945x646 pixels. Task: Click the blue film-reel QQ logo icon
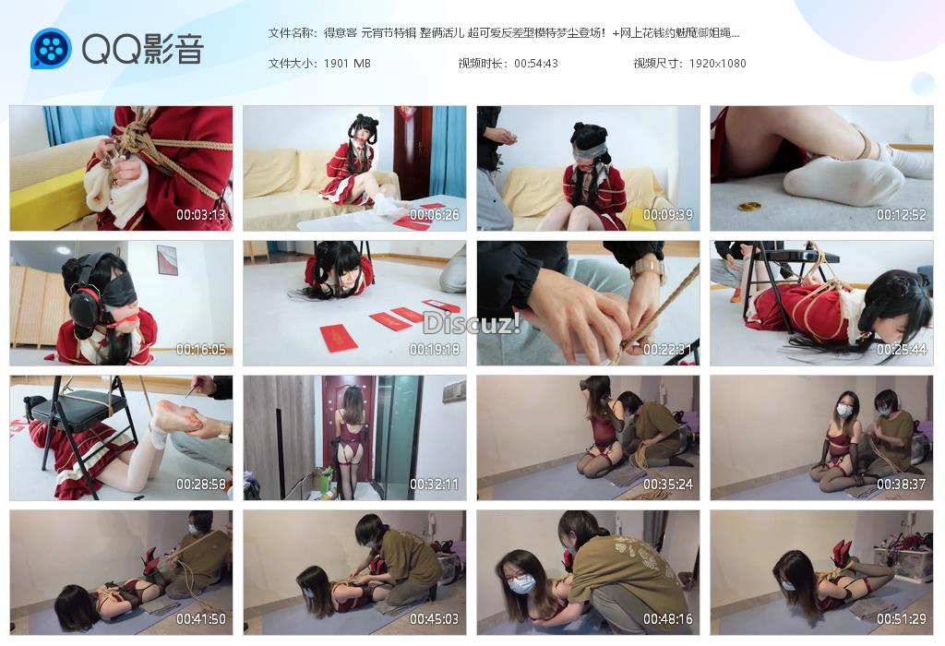tap(52, 48)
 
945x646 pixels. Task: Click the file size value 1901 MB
tap(347, 64)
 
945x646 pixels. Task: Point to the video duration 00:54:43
tap(536, 64)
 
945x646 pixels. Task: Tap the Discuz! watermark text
tap(472, 324)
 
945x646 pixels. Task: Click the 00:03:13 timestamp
tap(200, 214)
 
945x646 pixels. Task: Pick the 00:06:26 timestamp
tap(434, 214)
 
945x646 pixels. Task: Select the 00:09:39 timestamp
tap(668, 214)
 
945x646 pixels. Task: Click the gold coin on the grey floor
tap(749, 207)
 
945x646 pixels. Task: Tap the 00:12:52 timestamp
tap(901, 214)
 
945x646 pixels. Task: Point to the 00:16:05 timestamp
tap(200, 350)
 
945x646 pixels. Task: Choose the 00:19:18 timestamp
tap(434, 350)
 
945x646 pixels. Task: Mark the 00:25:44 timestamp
tap(901, 350)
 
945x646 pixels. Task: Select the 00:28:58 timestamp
tap(200, 484)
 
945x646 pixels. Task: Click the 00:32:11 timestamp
tap(434, 484)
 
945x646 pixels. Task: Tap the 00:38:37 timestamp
tap(901, 484)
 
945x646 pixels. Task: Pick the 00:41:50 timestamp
tap(200, 619)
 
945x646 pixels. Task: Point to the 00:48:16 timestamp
tap(668, 619)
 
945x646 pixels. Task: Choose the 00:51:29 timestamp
tap(901, 619)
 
